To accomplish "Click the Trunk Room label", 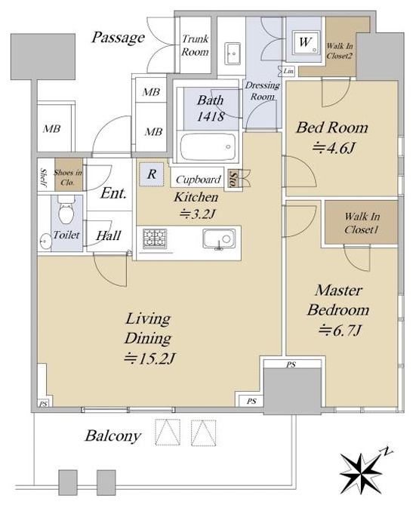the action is [195, 45].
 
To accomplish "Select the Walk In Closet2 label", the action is [340, 51].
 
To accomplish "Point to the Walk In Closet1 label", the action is [362, 223].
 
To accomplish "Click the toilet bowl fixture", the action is [66, 210].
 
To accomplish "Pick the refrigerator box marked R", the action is [152, 174].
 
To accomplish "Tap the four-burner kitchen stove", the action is [155, 239].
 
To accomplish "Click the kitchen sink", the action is [219, 239].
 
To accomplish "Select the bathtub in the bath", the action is [208, 146].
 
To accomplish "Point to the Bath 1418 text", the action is [211, 108].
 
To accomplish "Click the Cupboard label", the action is [199, 180].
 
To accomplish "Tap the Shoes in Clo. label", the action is [68, 177].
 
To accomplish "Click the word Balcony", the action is [113, 436].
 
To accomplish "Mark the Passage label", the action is [118, 38].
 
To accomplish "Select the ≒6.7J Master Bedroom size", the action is [339, 330].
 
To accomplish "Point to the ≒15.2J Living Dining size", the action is [149, 359].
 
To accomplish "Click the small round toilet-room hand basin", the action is [45, 242].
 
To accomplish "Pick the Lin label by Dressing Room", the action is [288, 71].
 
